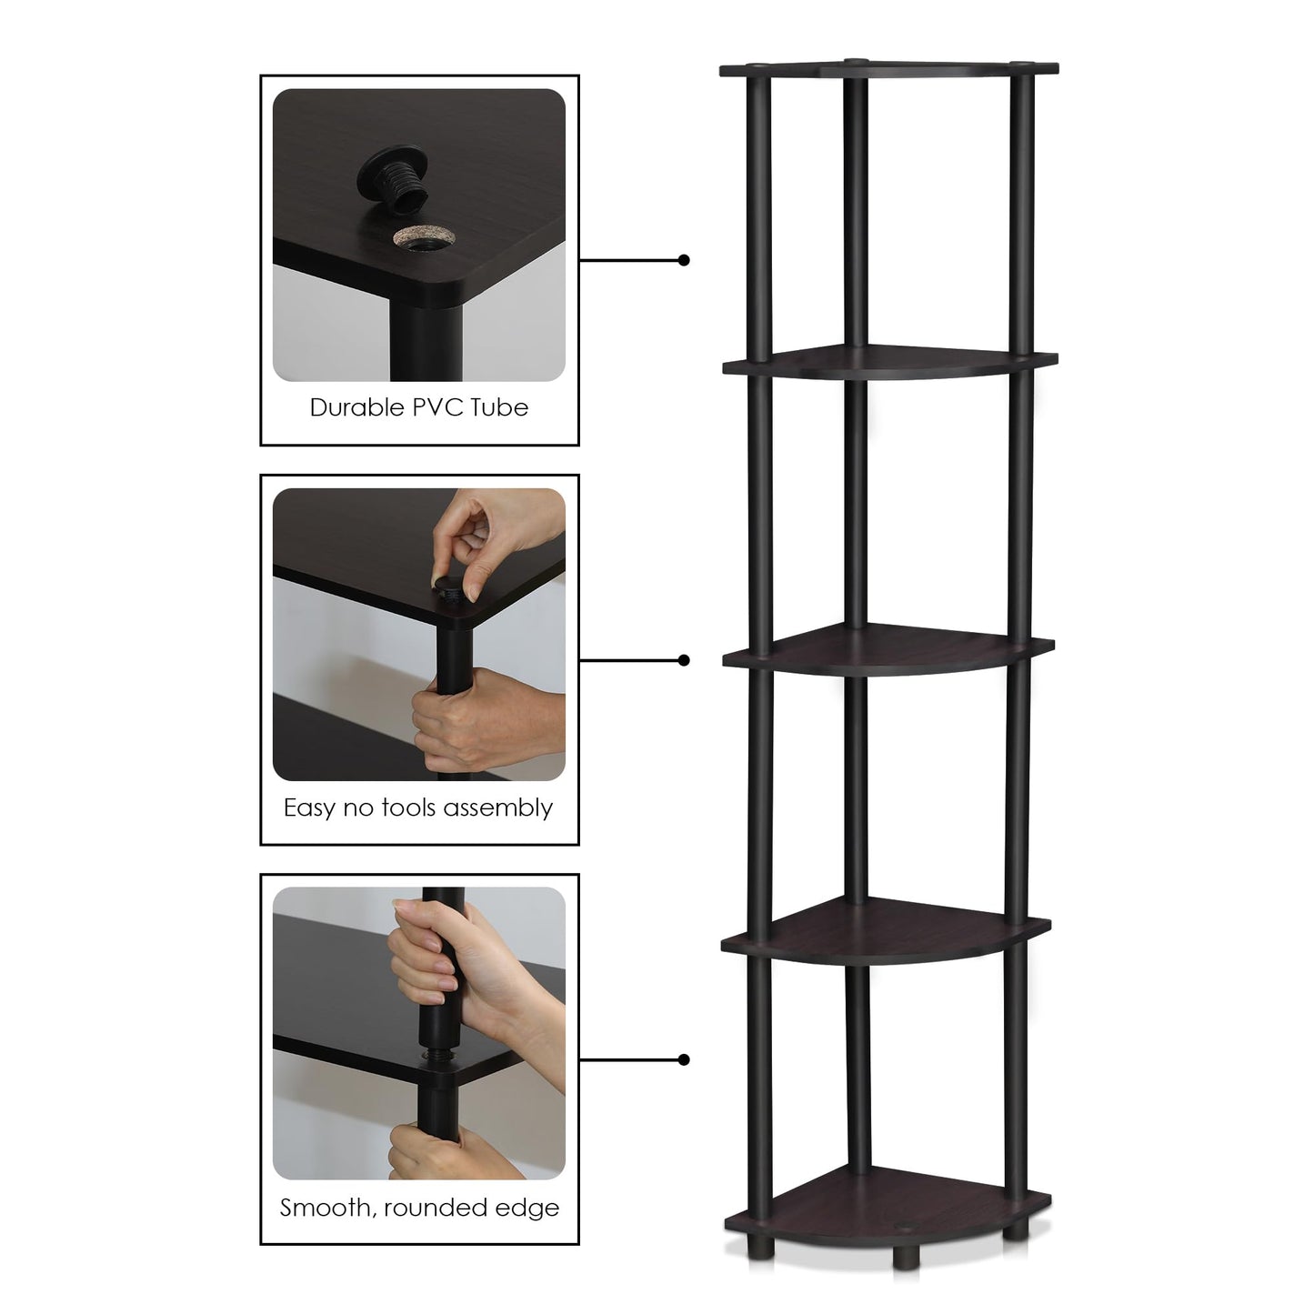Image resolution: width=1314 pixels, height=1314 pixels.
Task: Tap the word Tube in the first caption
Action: click(x=499, y=407)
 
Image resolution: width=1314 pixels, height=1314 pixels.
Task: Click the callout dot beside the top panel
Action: click(x=684, y=260)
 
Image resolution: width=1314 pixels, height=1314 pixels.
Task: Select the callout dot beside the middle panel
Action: click(x=684, y=660)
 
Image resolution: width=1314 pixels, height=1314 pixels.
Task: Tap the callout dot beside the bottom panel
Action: click(x=684, y=1060)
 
